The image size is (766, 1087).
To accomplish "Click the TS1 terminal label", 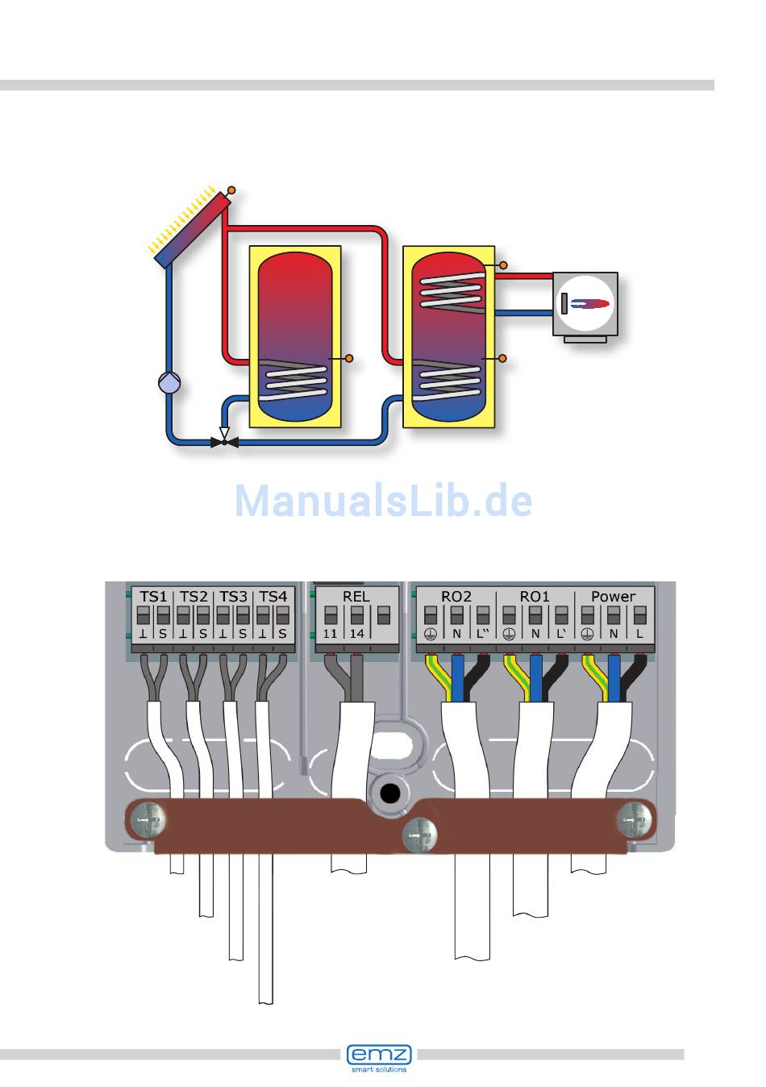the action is (153, 597).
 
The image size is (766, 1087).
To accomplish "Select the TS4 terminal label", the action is (273, 597).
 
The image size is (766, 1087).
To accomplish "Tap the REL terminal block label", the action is (356, 597).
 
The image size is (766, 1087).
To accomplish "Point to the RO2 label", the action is (456, 597).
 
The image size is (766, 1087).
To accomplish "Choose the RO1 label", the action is (534, 597).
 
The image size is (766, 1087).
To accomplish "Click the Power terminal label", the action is (613, 597).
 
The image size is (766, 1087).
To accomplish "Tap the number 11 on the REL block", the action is (331, 634).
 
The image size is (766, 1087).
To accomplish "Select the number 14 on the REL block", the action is (356, 634).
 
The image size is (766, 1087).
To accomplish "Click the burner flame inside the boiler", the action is (591, 304).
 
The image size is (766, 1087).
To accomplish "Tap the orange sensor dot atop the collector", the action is (231, 190).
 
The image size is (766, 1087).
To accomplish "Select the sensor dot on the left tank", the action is (349, 357).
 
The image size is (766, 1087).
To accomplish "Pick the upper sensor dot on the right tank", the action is (504, 264).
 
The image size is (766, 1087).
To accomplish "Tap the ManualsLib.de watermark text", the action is (383, 502).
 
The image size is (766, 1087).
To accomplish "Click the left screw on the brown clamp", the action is (147, 822).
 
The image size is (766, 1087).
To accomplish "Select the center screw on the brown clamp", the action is (419, 835).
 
